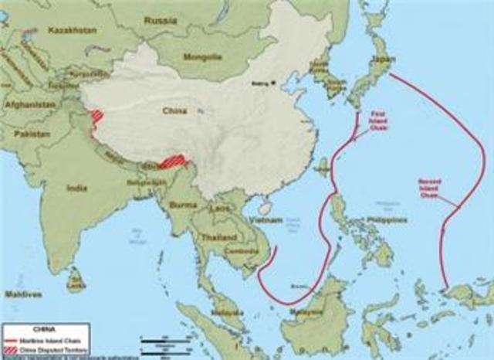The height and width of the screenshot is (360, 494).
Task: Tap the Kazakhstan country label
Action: pos(73,29)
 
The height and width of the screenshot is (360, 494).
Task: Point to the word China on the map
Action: pos(175,111)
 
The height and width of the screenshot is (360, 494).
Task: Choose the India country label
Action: pos(76,188)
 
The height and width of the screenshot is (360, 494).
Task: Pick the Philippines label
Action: pos(387,219)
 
